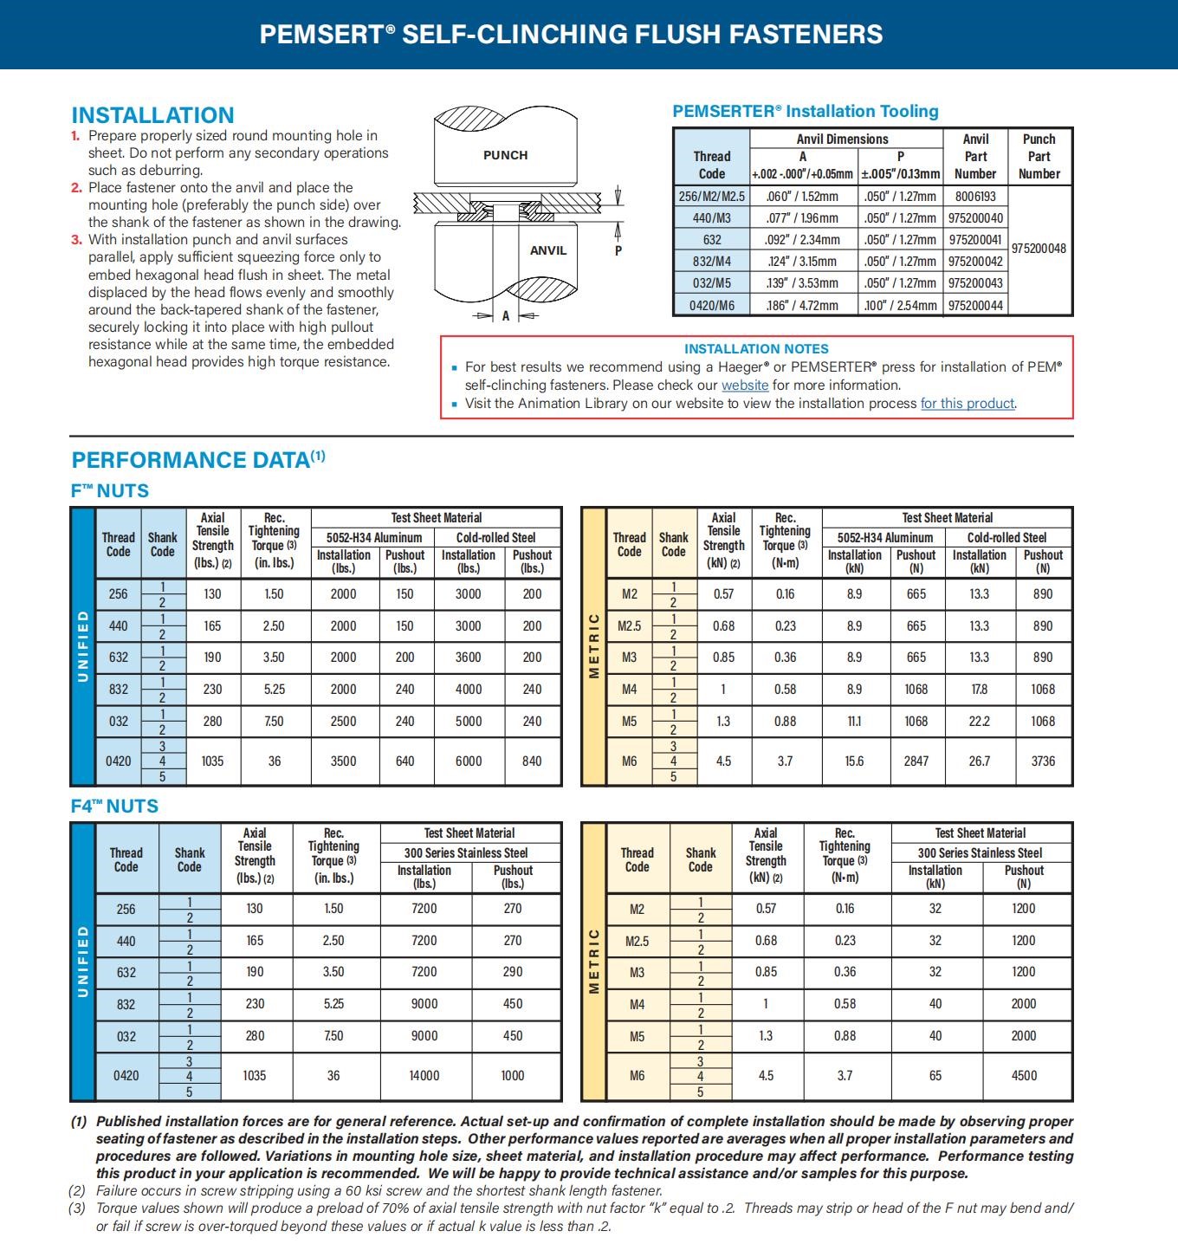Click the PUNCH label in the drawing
pos(505,155)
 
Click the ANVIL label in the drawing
pos(547,250)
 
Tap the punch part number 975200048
pos(1039,249)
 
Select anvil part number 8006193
pos(975,197)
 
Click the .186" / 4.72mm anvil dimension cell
pos(803,305)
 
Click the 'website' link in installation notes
pos(745,386)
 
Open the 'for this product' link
pos(967,404)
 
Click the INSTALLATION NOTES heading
pos(756,348)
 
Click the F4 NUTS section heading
pos(114,807)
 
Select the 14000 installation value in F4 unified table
pos(424,1076)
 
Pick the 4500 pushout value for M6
pos(1024,1076)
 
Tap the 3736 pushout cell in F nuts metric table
pos(1043,761)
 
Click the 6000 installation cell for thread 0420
pos(469,761)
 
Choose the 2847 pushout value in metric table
pos(916,761)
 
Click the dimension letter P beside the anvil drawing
pos(618,250)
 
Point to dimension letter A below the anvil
pos(506,316)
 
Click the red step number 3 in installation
pos(76,240)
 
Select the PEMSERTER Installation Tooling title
pos(806,111)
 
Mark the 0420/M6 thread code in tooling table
pos(711,305)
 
